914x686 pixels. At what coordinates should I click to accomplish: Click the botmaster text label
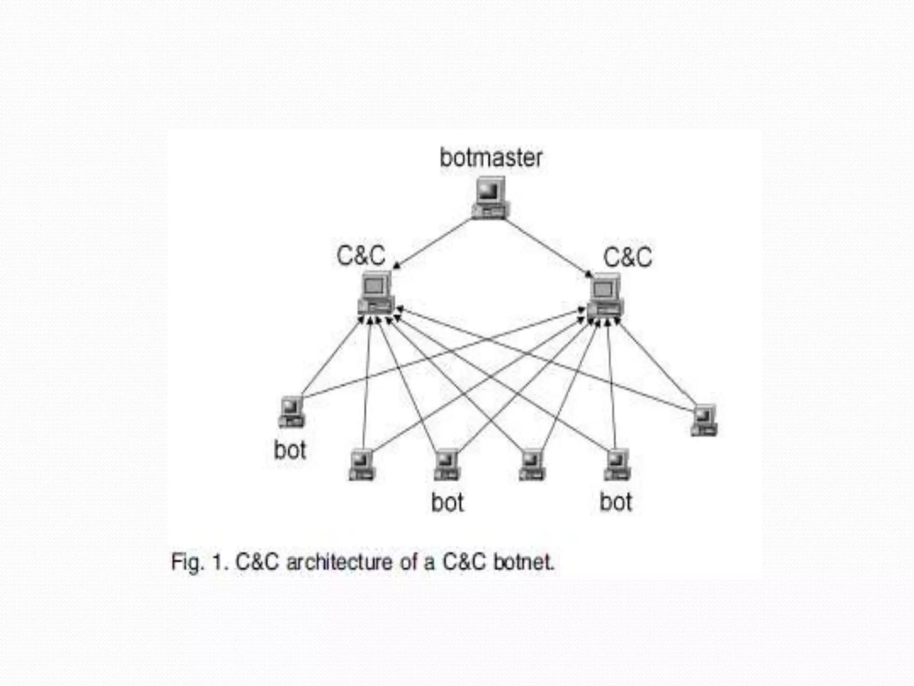[x=491, y=158]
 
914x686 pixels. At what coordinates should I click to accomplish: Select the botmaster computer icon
[x=490, y=198]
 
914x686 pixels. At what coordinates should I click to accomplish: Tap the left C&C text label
[x=361, y=256]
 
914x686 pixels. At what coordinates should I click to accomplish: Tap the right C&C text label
[x=627, y=258]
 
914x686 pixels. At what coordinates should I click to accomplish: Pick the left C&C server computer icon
[x=376, y=293]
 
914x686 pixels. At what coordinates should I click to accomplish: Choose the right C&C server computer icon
[x=605, y=296]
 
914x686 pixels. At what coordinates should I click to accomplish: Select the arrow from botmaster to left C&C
[x=433, y=243]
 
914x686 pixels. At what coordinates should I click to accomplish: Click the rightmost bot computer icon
[x=704, y=420]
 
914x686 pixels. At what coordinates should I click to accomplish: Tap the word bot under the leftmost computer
[x=290, y=450]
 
